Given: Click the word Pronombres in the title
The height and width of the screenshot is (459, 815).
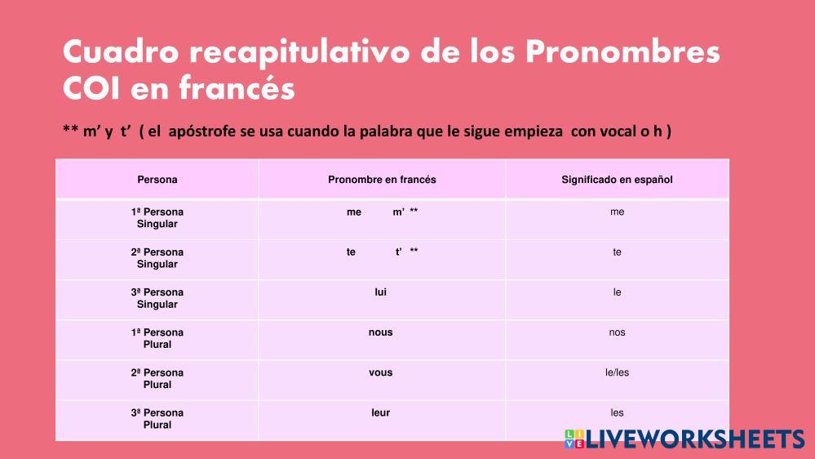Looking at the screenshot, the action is click(622, 52).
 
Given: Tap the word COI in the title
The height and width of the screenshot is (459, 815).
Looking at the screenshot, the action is click(92, 88).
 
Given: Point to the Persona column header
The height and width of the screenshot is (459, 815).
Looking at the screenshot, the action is click(157, 180).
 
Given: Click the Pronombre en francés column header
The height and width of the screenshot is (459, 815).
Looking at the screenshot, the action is click(382, 180).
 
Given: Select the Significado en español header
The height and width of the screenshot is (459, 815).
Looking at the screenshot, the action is click(617, 180).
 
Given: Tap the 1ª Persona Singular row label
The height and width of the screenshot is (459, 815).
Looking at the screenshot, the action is click(157, 218).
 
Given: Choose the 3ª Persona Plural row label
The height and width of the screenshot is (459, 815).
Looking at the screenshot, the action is click(157, 419).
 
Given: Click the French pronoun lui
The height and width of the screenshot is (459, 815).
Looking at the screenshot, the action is click(380, 292).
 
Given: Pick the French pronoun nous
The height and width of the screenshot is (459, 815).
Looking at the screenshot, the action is click(380, 332).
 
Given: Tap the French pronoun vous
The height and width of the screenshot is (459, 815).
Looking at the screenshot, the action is click(380, 372).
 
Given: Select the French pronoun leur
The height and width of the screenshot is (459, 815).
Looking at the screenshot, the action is click(380, 412).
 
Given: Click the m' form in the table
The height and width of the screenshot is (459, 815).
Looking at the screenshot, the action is click(399, 212).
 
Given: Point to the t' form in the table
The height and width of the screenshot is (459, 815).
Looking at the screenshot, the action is click(399, 252).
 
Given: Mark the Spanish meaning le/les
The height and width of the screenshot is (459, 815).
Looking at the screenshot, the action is click(617, 372).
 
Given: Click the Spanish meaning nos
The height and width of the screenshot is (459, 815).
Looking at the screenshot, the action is click(617, 332).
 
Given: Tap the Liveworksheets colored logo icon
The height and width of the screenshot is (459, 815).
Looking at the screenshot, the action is click(574, 439).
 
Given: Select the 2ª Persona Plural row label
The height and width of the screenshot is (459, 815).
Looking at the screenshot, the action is click(157, 379).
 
